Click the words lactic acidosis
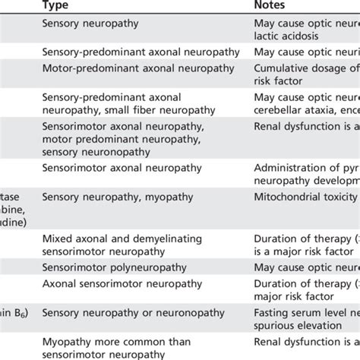pos(289,35)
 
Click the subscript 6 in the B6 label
pos(24,314)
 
